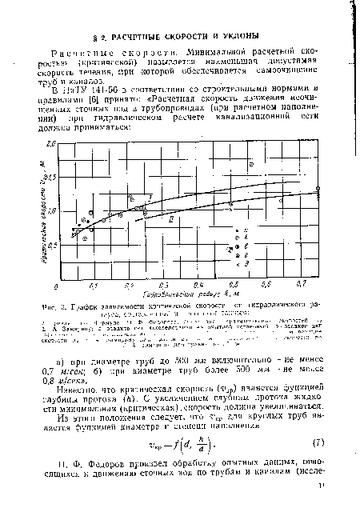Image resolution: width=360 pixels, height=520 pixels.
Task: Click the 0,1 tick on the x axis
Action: [x=93, y=285]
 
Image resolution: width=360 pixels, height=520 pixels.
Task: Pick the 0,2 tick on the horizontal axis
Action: [x=128, y=285]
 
